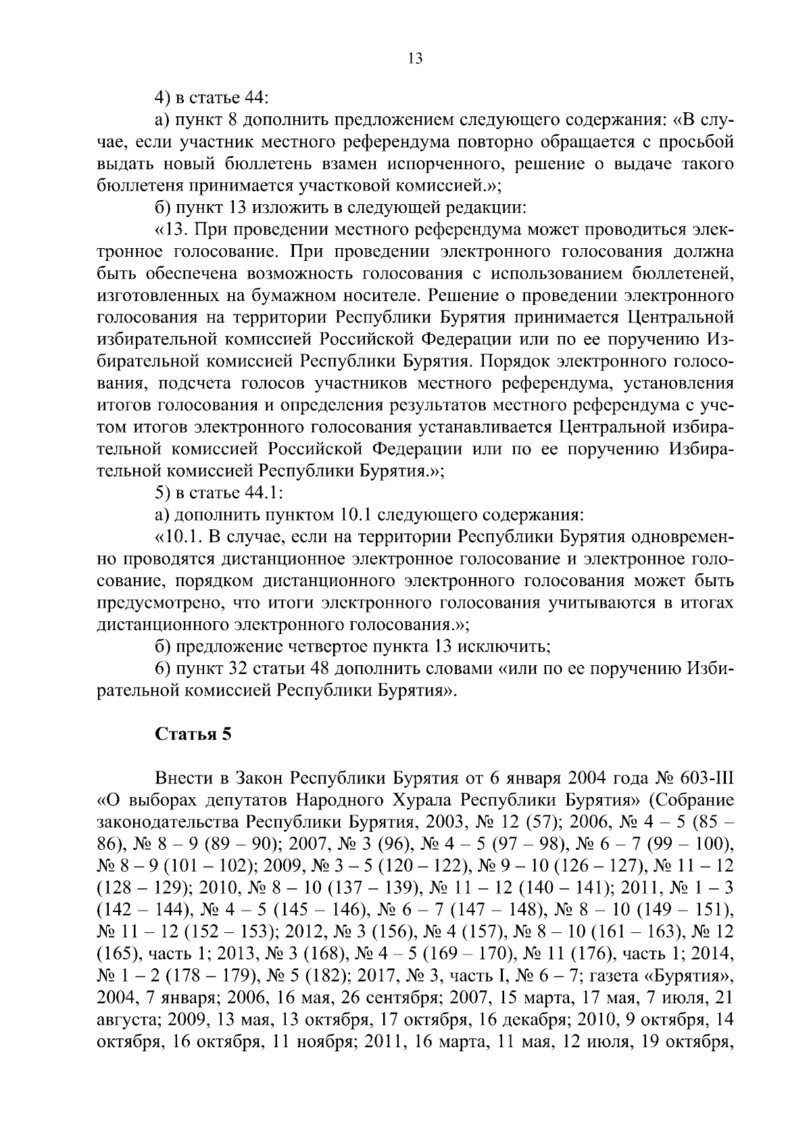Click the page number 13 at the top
pos(415,58)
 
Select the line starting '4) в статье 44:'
pos(212,98)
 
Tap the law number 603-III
pos(704,779)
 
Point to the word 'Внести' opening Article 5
pos(178,779)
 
